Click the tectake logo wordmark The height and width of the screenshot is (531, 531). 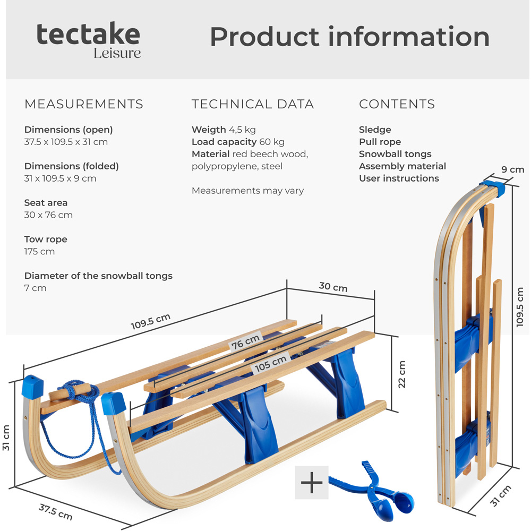[x=88, y=35]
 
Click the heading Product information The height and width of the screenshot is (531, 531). [x=349, y=37]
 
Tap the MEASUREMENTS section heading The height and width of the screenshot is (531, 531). [x=84, y=104]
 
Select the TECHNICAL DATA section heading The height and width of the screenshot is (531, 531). [x=253, y=104]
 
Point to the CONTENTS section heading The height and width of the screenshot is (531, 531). [x=397, y=104]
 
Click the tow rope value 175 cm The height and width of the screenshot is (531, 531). [x=39, y=252]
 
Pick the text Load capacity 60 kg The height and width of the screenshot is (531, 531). [x=238, y=142]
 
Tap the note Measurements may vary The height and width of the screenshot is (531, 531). [x=247, y=191]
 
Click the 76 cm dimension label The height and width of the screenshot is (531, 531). [x=245, y=341]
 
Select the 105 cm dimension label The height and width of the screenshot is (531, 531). [x=270, y=363]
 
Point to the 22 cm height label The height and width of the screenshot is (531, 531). [x=402, y=374]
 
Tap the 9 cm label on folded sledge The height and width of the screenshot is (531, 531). [x=512, y=170]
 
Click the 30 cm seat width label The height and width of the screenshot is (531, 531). [x=333, y=287]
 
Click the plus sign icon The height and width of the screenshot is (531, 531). [x=312, y=483]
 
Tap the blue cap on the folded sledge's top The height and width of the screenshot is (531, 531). [x=492, y=189]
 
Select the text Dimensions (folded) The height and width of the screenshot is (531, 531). [x=72, y=166]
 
